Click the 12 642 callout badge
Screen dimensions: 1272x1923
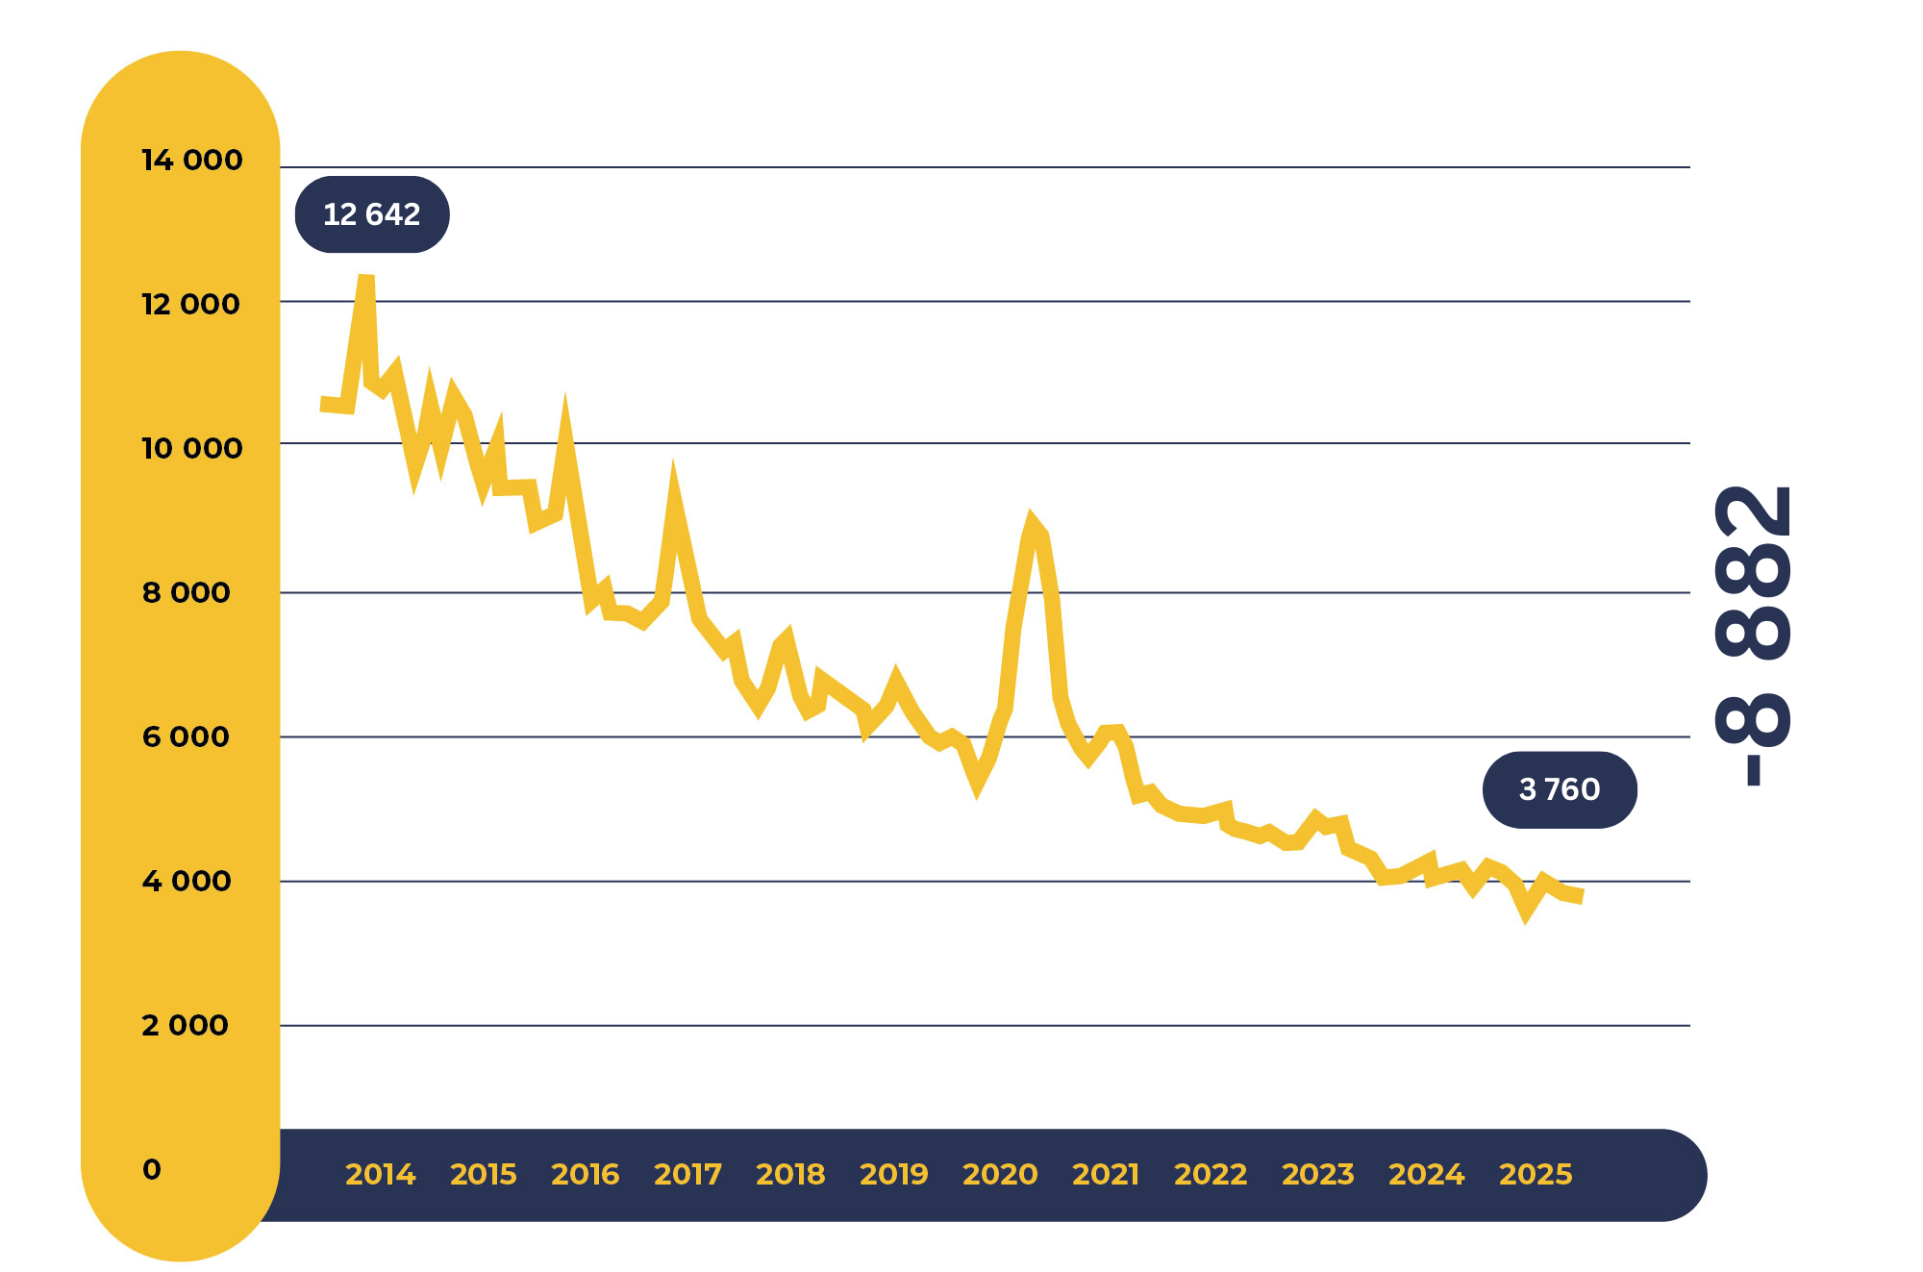[372, 214]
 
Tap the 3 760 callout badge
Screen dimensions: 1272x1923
[1559, 789]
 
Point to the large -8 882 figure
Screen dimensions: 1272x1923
[1753, 635]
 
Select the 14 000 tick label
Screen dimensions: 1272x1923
[192, 161]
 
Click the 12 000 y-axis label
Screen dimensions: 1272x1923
[190, 305]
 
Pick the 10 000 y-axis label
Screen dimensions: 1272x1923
[192, 449]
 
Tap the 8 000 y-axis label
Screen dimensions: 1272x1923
[187, 593]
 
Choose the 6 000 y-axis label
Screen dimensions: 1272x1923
[186, 737]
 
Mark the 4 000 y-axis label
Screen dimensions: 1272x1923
[187, 882]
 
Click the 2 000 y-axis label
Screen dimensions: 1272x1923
[185, 1026]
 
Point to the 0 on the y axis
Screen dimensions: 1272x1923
[152, 1170]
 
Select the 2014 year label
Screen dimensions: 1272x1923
[380, 1174]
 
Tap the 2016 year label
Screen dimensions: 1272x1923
[586, 1174]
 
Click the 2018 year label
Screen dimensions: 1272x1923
[790, 1174]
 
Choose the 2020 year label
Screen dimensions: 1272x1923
[1000, 1174]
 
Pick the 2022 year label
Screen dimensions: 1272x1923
[1211, 1174]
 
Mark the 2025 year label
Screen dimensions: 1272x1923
[1536, 1174]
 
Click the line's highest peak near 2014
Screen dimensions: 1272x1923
[366, 280]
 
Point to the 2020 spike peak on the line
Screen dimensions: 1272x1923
[1032, 520]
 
